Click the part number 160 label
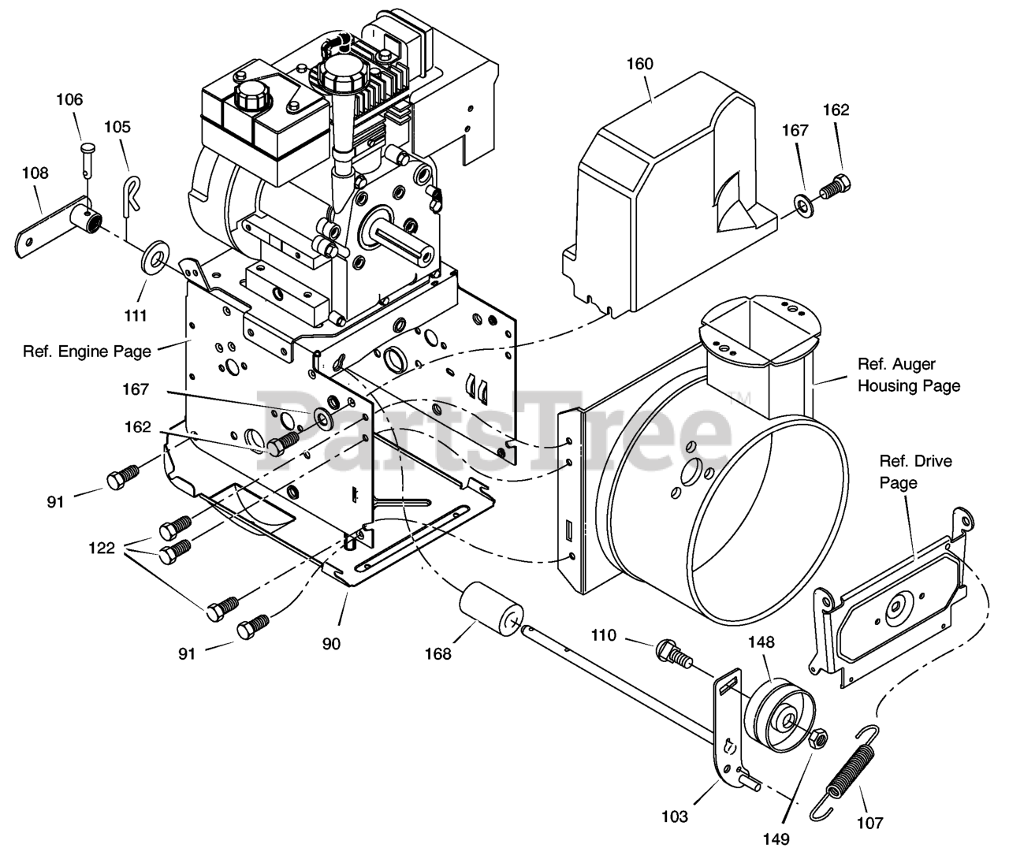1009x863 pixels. (x=639, y=64)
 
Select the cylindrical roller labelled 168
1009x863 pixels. (x=490, y=608)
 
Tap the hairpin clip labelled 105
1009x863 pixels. (x=130, y=194)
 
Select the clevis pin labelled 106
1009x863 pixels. (x=87, y=158)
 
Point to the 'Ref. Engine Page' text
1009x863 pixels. (x=87, y=352)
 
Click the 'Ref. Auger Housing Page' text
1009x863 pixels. (x=909, y=375)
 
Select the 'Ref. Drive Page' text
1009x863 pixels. (x=916, y=471)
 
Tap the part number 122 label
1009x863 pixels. (x=102, y=549)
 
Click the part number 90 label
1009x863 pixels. (x=331, y=644)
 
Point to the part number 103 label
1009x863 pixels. (x=675, y=817)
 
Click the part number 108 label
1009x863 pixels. (x=35, y=173)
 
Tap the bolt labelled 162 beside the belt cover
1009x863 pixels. (x=835, y=187)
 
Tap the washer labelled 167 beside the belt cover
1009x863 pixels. (x=803, y=206)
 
